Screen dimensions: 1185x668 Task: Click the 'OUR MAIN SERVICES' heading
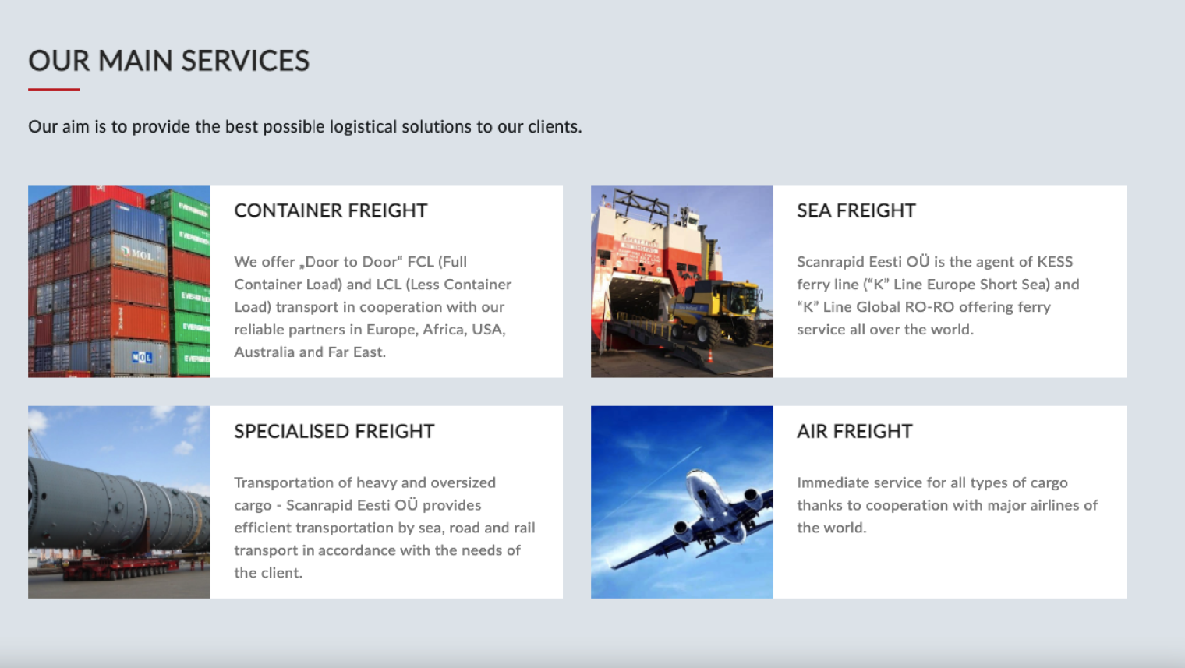168,60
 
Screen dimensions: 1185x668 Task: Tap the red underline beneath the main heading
54,90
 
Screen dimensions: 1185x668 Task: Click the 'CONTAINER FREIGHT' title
331,210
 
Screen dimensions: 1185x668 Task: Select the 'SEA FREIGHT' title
856,210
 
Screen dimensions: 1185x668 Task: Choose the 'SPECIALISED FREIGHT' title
334,432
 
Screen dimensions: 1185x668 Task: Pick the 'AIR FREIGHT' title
855,432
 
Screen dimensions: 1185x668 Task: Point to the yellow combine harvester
716,312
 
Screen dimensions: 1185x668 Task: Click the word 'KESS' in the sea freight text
1055,262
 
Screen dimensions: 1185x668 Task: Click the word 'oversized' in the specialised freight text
463,483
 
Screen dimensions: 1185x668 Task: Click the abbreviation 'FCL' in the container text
420,262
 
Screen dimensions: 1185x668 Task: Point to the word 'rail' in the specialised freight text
525,528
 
